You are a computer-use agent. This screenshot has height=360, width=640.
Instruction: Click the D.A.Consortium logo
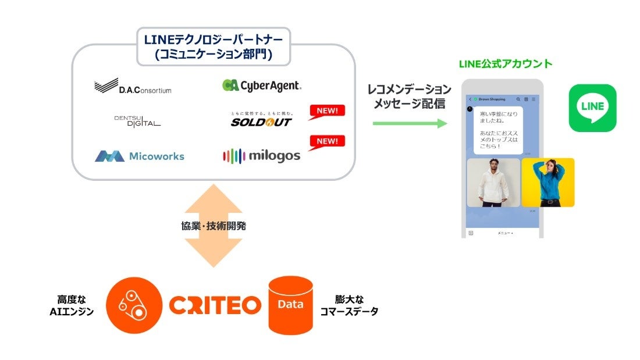(x=133, y=87)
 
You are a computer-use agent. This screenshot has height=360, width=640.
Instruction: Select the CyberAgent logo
(x=262, y=85)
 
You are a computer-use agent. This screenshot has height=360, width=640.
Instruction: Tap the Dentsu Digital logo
(x=137, y=120)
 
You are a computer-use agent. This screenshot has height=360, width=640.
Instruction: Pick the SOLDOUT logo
(x=261, y=121)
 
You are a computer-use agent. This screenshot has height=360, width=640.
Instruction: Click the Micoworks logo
(x=140, y=156)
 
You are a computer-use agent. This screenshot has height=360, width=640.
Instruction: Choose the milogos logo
(x=261, y=155)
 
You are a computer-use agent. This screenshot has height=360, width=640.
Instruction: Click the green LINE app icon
(x=592, y=108)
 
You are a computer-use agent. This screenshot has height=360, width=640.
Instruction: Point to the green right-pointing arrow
(x=410, y=123)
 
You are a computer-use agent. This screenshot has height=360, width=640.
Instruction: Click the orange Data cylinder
(x=290, y=304)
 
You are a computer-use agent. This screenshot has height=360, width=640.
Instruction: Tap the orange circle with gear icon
(x=134, y=305)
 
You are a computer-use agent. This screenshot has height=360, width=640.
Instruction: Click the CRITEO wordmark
(x=215, y=305)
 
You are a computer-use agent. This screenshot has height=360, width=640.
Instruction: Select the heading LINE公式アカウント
(x=506, y=64)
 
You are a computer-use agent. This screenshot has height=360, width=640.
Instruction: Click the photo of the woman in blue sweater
(x=547, y=182)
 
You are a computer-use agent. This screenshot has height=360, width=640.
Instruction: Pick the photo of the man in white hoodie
(x=493, y=183)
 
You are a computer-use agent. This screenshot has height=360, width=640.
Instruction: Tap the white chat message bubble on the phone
(x=499, y=130)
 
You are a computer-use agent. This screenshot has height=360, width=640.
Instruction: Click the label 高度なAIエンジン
(x=72, y=305)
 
